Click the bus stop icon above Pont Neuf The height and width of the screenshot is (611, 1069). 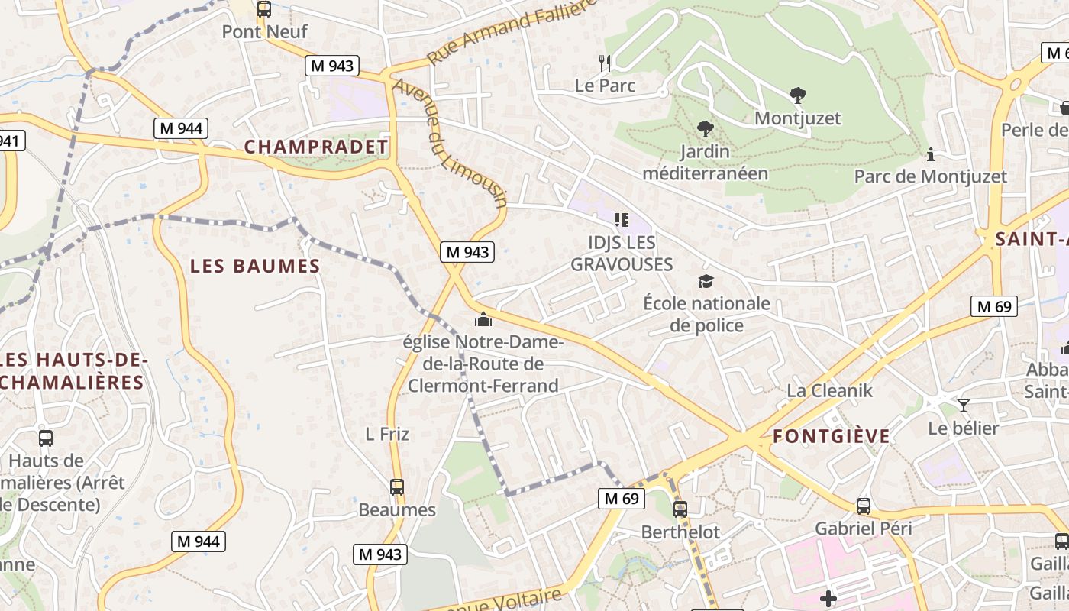(263, 9)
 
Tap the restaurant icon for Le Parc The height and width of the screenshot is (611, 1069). (606, 63)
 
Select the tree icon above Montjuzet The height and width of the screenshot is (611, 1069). (798, 95)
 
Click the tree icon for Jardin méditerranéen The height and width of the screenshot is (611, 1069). (705, 128)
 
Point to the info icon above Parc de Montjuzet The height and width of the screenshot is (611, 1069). (930, 154)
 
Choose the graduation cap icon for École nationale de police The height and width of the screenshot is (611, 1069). (706, 281)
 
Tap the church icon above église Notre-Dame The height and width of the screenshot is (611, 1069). (483, 319)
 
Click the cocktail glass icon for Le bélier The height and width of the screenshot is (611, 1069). (964, 405)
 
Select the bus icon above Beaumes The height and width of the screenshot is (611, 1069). (397, 487)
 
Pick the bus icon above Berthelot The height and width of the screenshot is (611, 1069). (680, 509)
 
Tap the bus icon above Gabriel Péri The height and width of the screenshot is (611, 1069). (864, 506)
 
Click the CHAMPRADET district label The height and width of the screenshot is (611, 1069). (316, 147)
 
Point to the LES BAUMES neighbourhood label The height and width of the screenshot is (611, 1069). (255, 266)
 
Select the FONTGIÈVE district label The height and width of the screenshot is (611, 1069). (832, 436)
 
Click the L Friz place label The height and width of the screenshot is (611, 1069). (387, 434)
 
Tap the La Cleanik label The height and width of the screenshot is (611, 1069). (830, 390)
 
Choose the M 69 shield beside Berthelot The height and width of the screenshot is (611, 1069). (621, 499)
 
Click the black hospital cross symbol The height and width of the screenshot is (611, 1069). (828, 599)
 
